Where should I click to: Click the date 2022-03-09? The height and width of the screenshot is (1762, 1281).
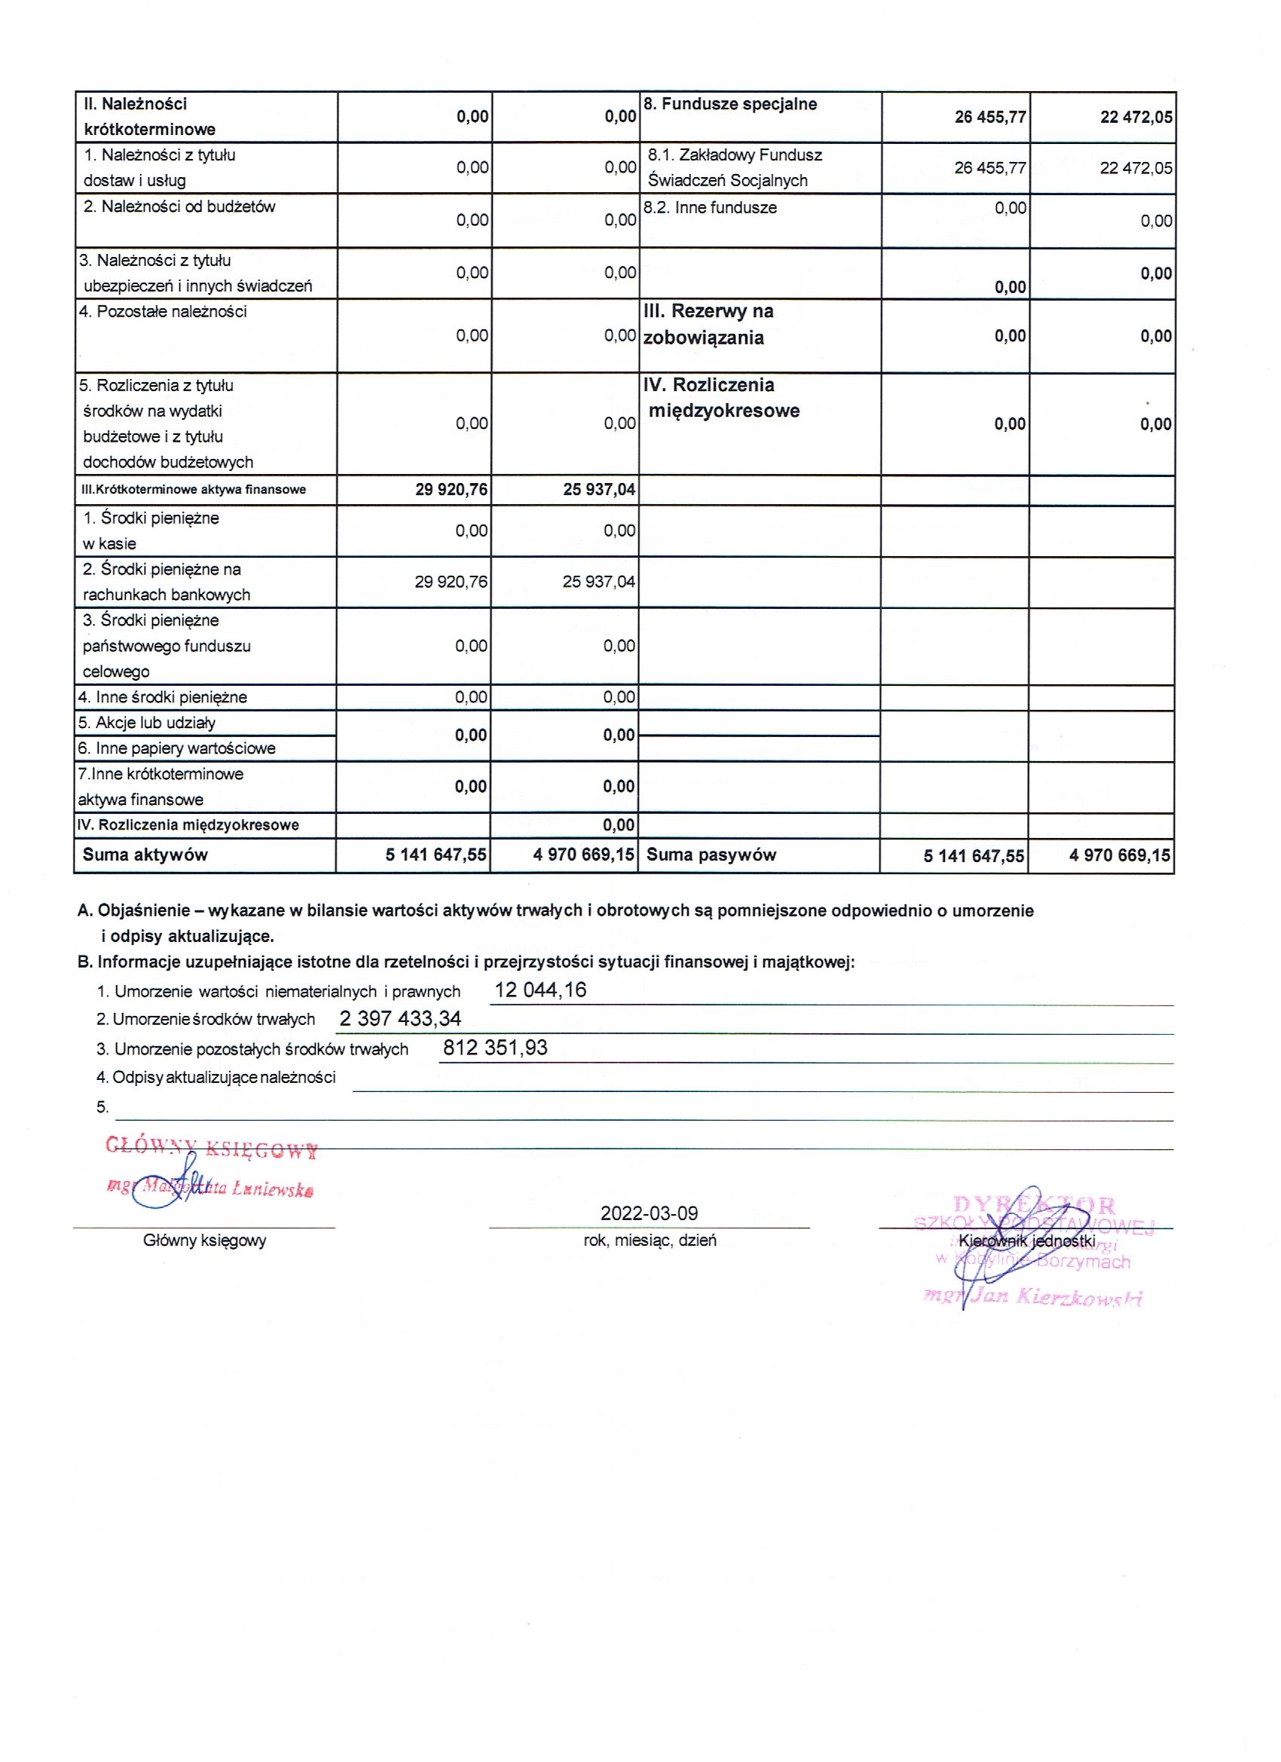pos(649,1213)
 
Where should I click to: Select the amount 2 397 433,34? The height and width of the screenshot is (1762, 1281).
pos(400,1018)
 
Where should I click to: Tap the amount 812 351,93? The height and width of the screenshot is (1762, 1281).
pos(495,1048)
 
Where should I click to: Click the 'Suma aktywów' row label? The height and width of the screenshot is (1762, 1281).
pos(145,855)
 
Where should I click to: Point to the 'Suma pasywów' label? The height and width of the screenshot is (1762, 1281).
pos(711,855)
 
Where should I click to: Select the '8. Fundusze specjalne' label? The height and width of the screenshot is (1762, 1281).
pos(730,104)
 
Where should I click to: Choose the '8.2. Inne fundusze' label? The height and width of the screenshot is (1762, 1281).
pos(710,207)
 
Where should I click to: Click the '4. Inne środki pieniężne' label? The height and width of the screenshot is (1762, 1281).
pos(162,697)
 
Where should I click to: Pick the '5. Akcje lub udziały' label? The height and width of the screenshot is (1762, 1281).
pos(147,723)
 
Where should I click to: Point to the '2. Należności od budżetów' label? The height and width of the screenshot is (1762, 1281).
pos(179,206)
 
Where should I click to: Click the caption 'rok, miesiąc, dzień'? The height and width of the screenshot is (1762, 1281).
pos(650,1240)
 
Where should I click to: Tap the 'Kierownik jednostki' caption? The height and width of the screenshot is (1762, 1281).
pos(1027,1240)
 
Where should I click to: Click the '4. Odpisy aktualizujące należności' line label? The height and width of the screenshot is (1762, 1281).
pos(216,1078)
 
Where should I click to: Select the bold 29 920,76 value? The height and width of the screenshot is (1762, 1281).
pos(451,489)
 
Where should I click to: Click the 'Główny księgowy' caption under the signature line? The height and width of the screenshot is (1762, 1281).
pos(204,1240)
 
